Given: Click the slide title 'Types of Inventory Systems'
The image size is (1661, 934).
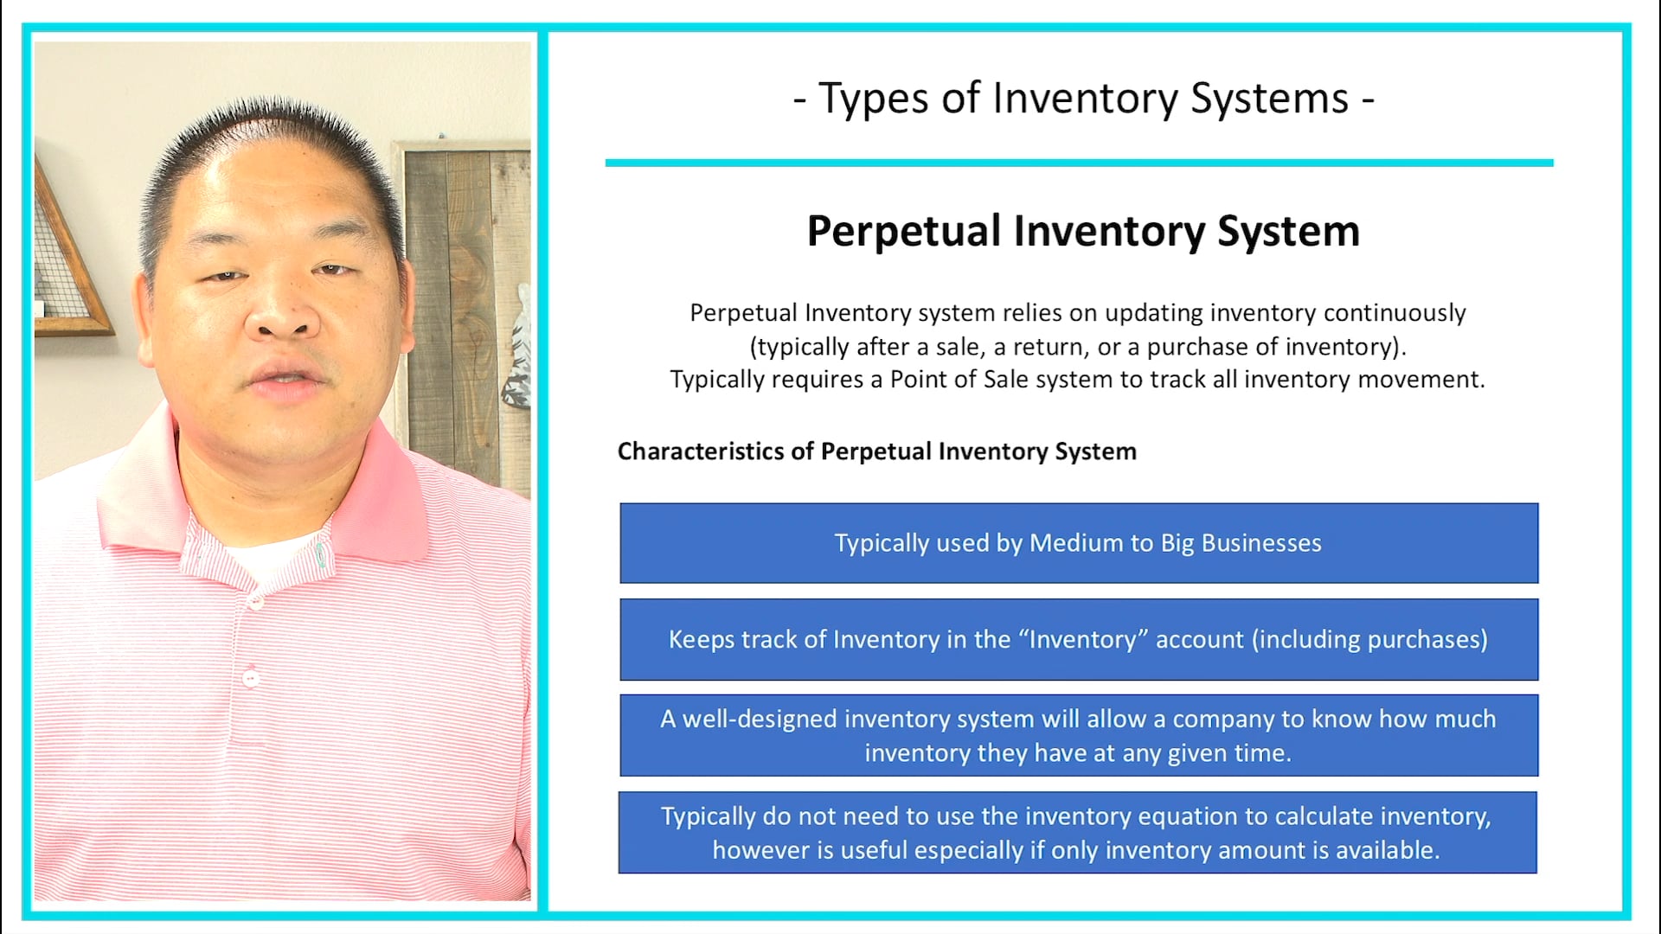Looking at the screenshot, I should (1083, 99).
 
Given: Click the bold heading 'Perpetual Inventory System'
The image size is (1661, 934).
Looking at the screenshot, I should (1083, 232).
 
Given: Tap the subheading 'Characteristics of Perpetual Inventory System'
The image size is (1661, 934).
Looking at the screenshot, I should (876, 451).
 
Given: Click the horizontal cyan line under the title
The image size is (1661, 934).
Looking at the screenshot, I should (1079, 163).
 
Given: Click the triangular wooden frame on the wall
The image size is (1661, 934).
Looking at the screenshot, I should (69, 259).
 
